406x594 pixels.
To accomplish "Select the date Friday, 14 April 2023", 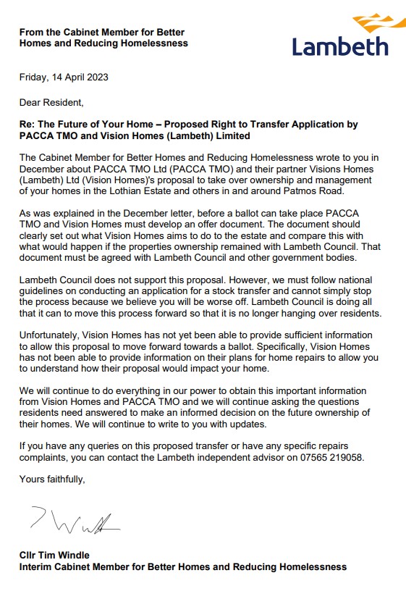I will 64,77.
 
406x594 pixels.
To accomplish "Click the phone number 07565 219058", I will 330,458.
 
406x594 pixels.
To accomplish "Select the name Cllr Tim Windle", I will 55,555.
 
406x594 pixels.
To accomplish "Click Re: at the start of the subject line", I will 28,125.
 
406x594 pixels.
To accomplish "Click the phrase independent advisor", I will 230,458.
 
